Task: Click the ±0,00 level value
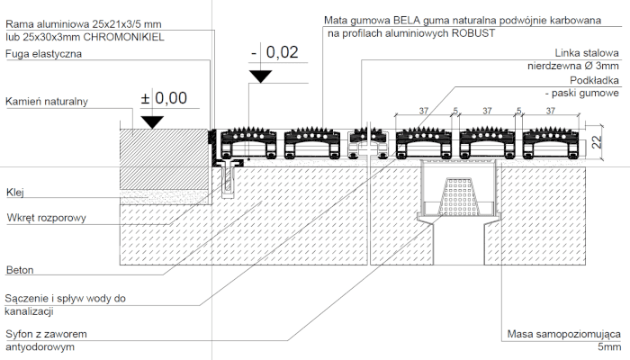(164, 98)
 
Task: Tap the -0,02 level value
(274, 52)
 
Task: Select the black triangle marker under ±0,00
(152, 122)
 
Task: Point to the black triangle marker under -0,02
(261, 76)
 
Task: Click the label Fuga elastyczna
(43, 54)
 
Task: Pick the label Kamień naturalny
(47, 101)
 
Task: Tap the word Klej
(15, 193)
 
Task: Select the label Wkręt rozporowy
(47, 218)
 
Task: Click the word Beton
(20, 270)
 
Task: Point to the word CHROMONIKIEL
(124, 38)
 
